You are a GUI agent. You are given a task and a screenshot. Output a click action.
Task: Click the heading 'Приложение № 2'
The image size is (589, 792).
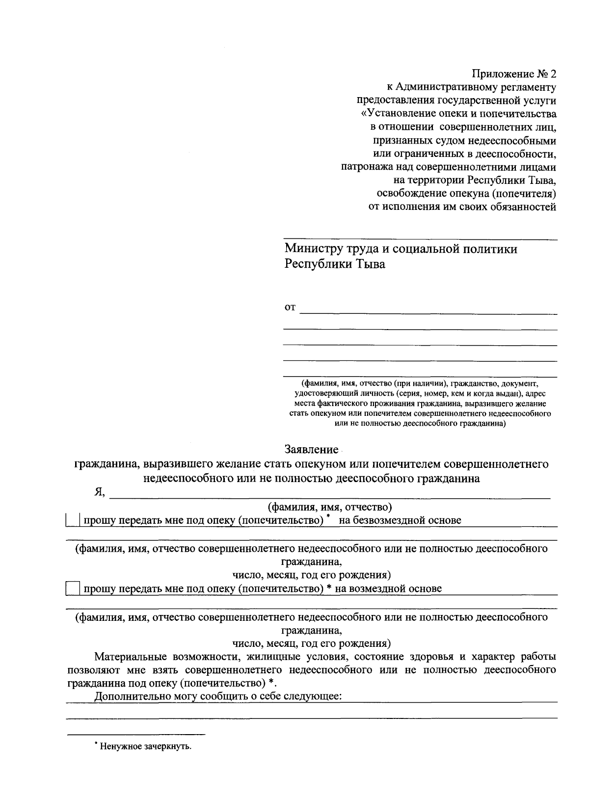tap(514, 75)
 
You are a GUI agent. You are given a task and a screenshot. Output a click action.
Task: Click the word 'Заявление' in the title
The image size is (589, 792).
tap(311, 449)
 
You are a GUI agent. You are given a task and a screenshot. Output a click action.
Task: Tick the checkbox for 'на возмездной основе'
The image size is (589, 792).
tap(73, 588)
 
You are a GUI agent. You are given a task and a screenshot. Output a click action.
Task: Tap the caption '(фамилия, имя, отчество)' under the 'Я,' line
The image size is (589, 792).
tap(328, 507)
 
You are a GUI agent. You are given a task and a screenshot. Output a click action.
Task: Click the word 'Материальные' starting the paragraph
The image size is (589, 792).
tap(130, 657)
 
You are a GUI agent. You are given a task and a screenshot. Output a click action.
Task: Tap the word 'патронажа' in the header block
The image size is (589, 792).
tap(365, 167)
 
